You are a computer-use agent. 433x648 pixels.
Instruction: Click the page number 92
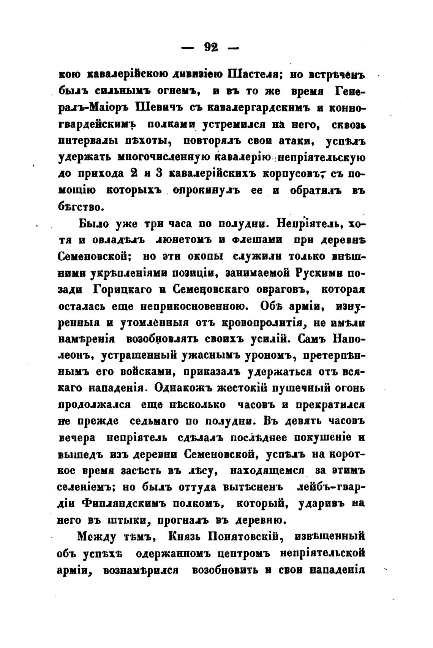(x=211, y=48)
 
